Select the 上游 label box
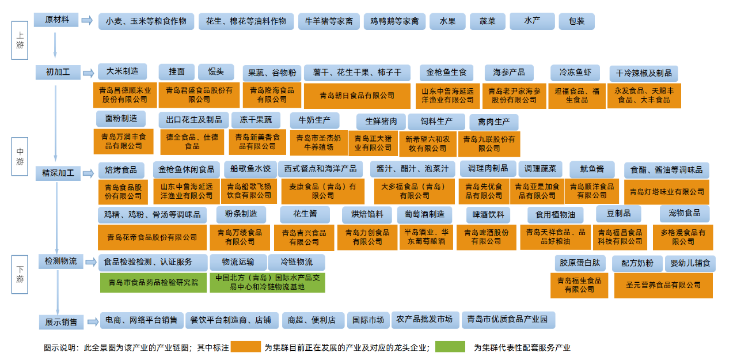(20, 41)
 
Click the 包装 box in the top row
(576, 21)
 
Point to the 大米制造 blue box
(122, 71)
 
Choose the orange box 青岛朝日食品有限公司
(357, 95)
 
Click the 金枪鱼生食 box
(446, 73)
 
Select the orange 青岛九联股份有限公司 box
(489, 143)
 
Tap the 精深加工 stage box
(58, 172)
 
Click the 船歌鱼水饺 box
(250, 169)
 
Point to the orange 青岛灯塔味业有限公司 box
(667, 192)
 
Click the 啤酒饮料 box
(488, 215)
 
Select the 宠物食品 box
(685, 213)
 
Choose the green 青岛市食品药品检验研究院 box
(153, 282)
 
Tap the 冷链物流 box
(297, 263)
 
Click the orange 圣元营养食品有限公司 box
(663, 285)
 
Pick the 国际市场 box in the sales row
(368, 320)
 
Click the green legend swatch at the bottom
(450, 347)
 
